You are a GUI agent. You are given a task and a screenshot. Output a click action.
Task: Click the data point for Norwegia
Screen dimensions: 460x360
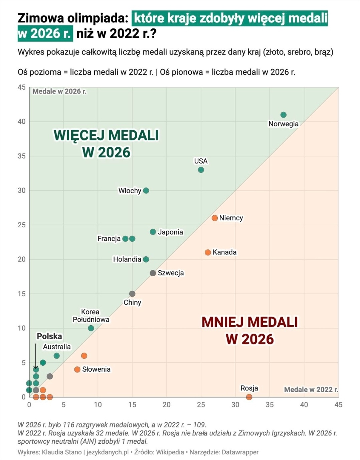click(x=284, y=115)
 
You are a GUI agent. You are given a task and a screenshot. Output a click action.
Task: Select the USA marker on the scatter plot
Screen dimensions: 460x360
click(x=201, y=170)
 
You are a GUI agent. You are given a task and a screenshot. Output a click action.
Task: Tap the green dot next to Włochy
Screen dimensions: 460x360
click(x=146, y=191)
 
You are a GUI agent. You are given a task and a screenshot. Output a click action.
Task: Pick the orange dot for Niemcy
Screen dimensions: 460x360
click(x=215, y=218)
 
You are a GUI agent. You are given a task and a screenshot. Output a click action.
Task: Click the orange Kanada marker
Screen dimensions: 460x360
click(x=208, y=252)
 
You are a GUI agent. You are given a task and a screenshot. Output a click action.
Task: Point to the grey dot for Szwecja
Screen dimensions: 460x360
click(x=153, y=273)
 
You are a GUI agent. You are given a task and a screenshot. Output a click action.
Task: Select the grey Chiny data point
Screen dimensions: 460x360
click(x=132, y=294)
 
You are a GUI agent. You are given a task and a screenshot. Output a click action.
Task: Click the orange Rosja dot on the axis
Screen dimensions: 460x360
click(x=249, y=397)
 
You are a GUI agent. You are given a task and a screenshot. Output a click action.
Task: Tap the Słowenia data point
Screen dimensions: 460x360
click(x=77, y=369)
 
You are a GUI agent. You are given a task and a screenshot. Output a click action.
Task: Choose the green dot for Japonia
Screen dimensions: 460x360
click(x=153, y=232)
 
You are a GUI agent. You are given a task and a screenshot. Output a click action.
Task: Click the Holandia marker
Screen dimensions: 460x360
click(x=146, y=259)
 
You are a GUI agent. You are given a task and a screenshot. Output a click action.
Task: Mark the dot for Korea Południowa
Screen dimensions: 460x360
click(x=91, y=328)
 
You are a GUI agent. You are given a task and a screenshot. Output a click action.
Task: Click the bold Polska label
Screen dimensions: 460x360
click(x=49, y=336)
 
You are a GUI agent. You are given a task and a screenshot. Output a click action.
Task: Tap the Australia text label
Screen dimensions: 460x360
click(x=57, y=347)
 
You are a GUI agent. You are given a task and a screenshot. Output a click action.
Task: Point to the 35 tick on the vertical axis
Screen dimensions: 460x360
click(x=22, y=156)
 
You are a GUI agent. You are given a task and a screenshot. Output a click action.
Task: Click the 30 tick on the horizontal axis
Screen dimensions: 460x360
click(x=235, y=405)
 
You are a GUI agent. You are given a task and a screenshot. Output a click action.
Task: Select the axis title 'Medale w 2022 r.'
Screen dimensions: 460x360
click(x=311, y=389)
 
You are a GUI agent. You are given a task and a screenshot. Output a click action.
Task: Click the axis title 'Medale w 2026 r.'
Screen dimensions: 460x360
click(x=59, y=91)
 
